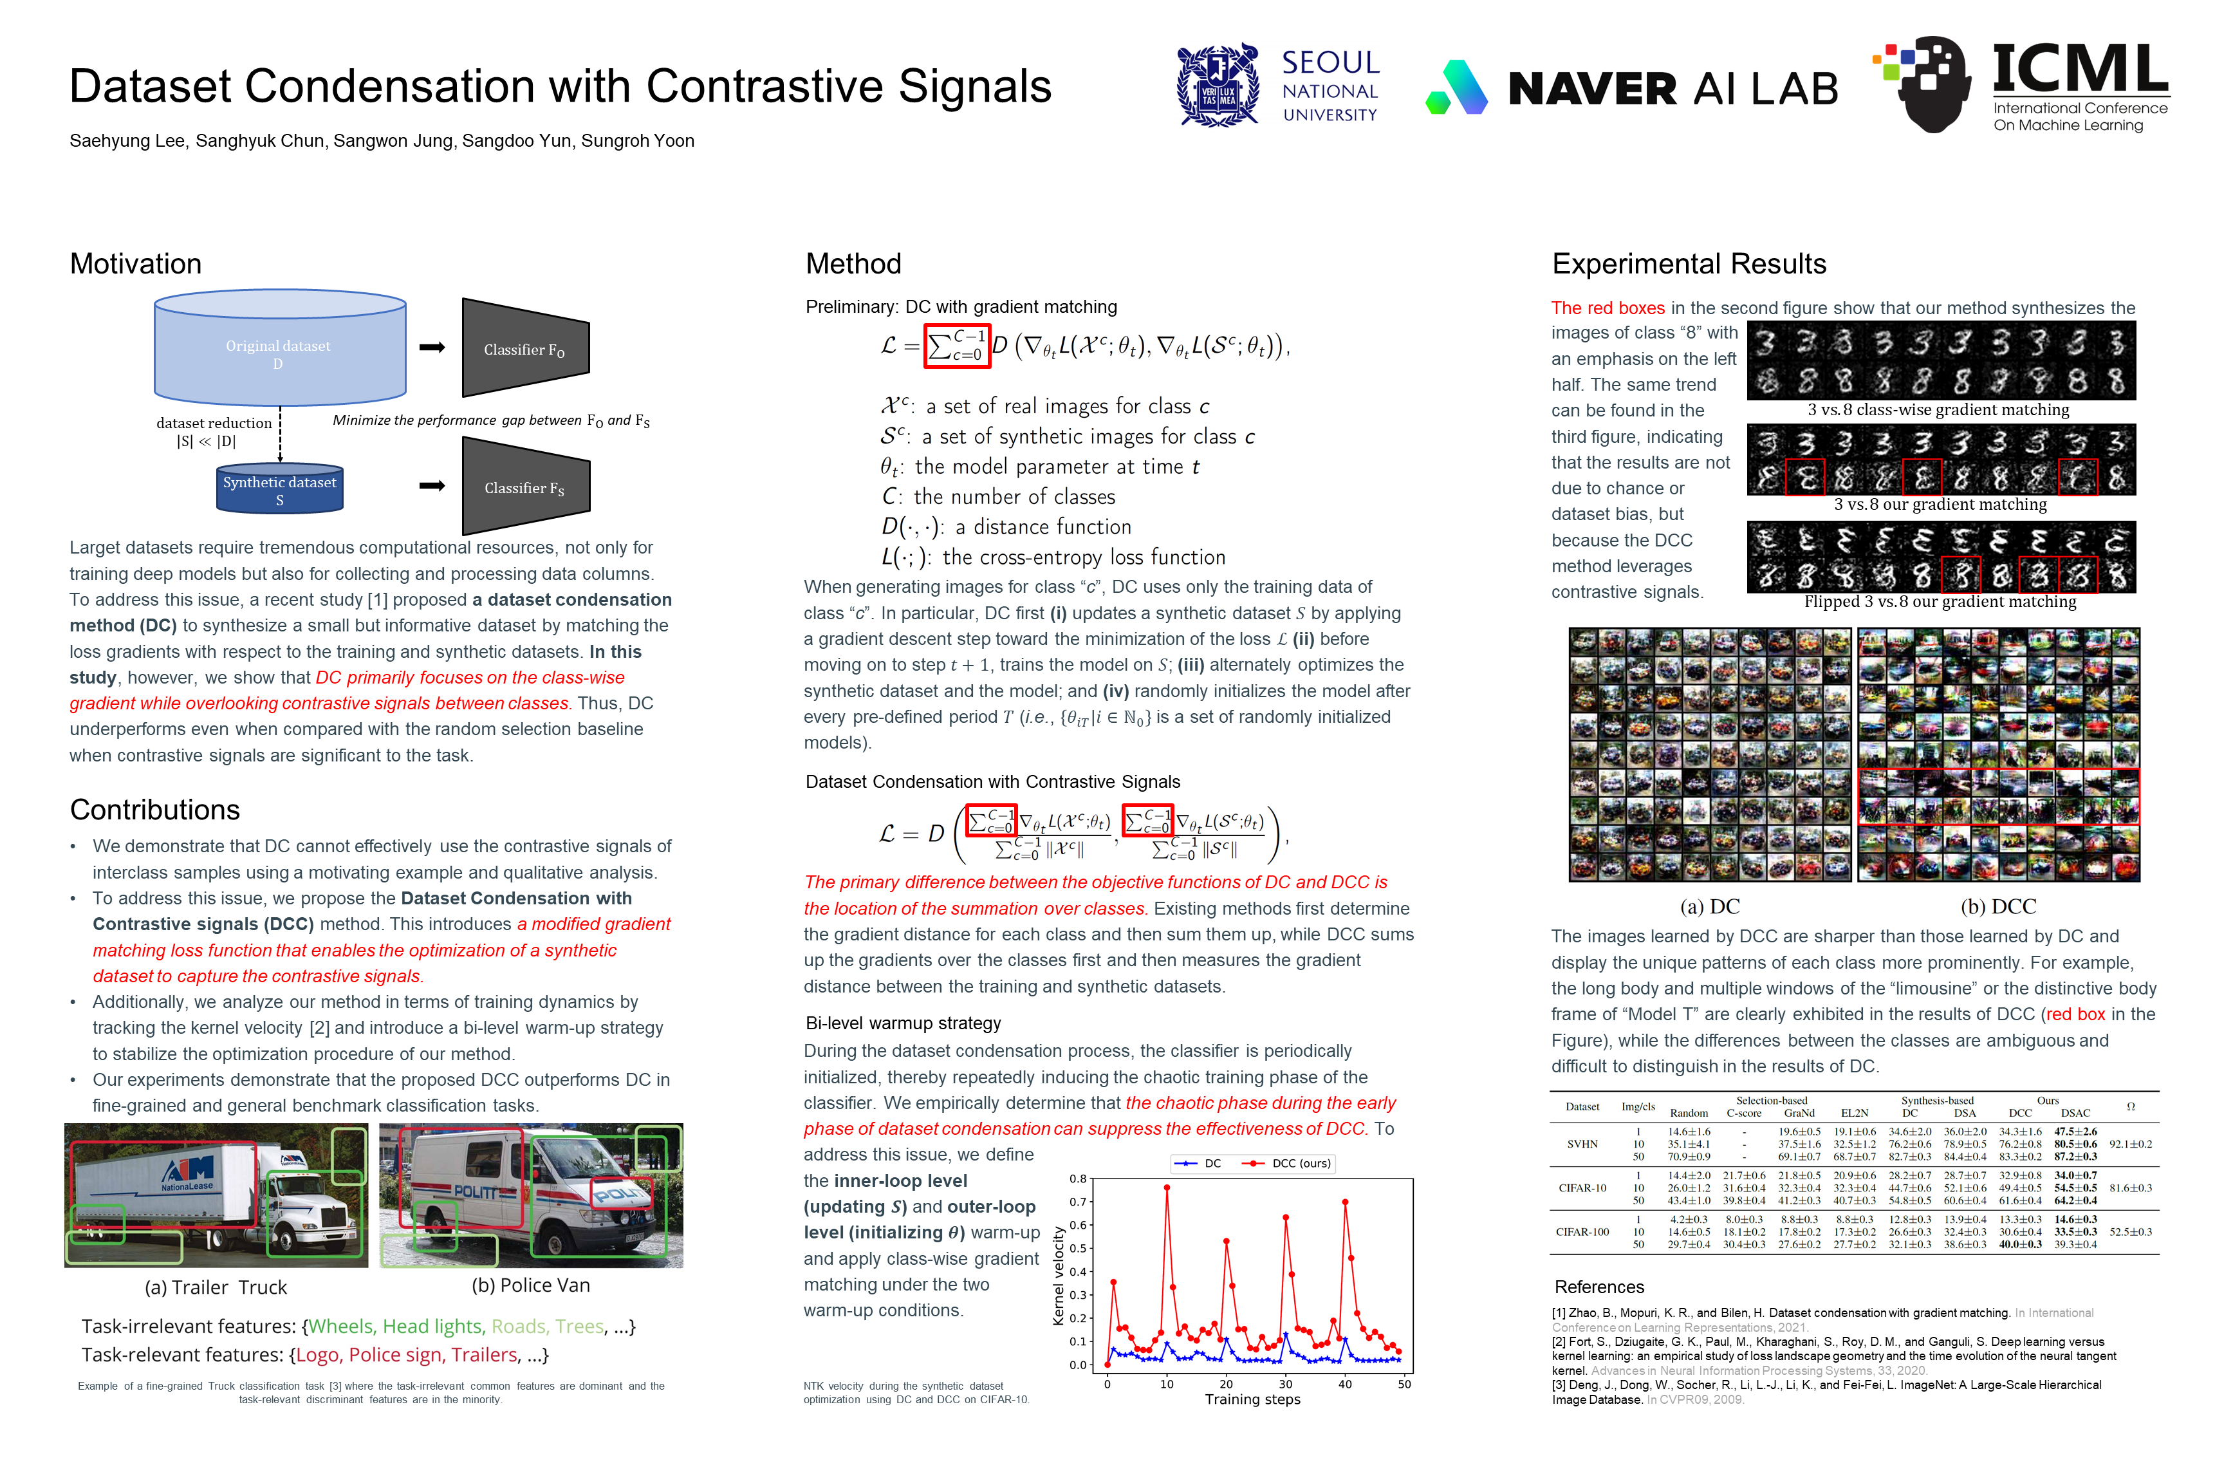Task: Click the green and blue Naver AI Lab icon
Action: tap(1456, 88)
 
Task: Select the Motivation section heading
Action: tap(135, 264)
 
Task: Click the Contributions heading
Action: tap(155, 810)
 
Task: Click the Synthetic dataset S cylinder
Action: tap(280, 488)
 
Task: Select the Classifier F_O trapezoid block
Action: tap(525, 348)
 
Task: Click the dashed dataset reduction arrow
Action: tap(281, 435)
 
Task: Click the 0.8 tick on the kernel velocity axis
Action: tap(1078, 1179)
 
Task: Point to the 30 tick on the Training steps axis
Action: tap(1285, 1384)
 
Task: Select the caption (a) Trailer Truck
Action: tap(216, 1287)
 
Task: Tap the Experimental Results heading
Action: tap(1689, 264)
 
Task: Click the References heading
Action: tap(1599, 1287)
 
